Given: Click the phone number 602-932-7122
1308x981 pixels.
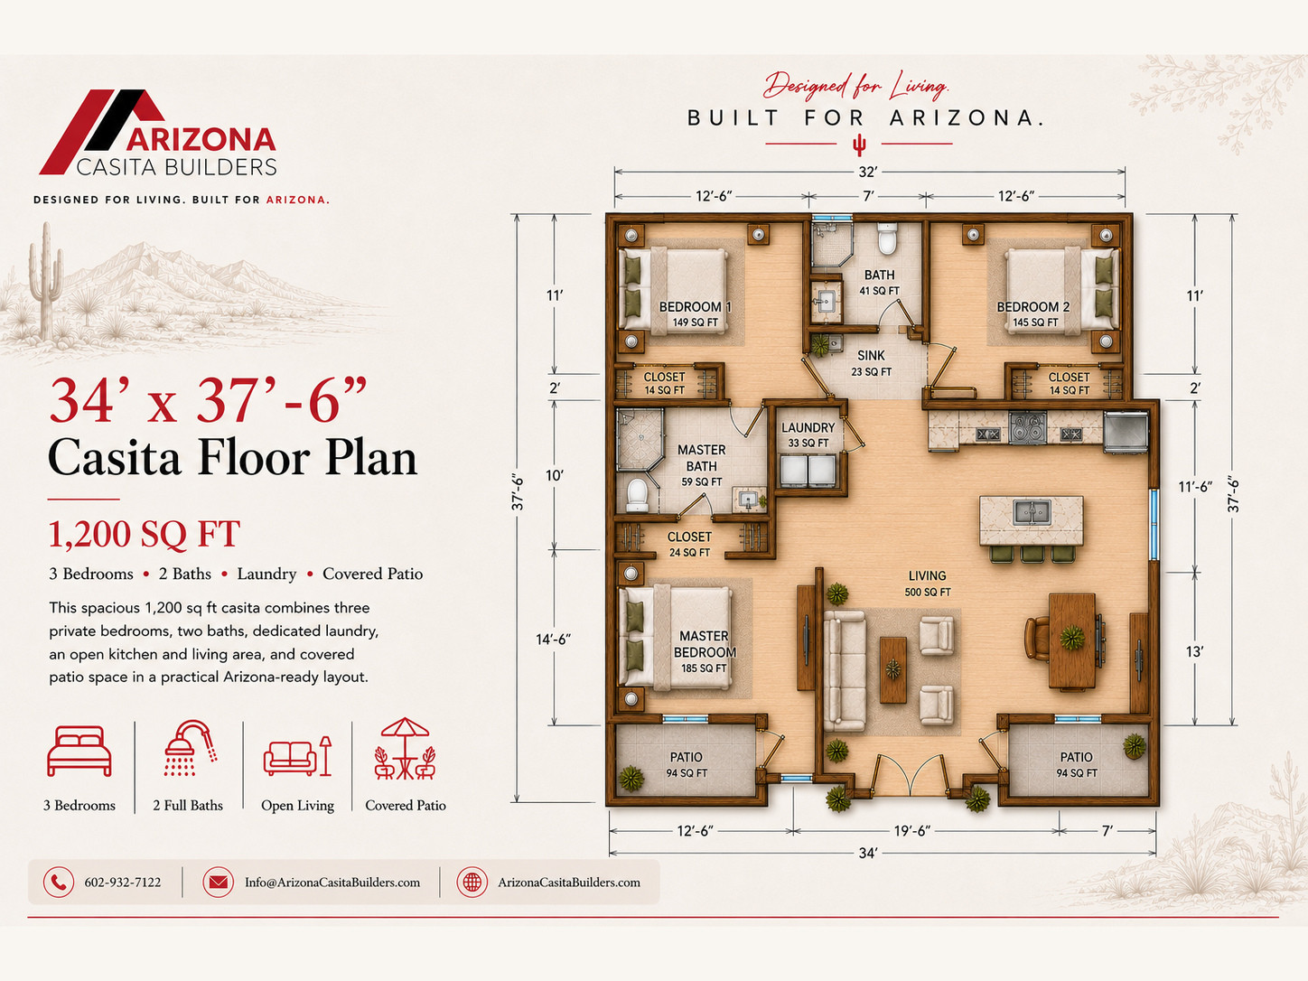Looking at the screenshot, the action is click(123, 883).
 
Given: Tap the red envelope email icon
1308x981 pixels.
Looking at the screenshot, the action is click(218, 883).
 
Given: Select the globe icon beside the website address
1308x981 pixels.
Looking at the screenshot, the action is click(472, 883).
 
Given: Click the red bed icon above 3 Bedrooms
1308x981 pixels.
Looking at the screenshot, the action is click(79, 752).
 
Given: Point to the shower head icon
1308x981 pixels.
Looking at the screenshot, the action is click(191, 749).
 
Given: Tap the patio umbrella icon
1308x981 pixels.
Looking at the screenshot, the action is click(405, 749).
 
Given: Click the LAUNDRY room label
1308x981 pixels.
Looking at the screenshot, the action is click(808, 427).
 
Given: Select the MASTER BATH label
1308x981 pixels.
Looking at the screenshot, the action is click(701, 458).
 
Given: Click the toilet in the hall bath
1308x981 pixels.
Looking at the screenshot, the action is click(887, 238).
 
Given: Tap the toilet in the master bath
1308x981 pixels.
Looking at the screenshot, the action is click(637, 496).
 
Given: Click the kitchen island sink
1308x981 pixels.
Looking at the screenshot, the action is click(1031, 511).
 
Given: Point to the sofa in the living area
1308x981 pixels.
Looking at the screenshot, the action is click(845, 670).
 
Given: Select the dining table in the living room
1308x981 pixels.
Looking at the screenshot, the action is click(1072, 640).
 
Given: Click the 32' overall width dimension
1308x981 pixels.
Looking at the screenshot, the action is click(867, 173).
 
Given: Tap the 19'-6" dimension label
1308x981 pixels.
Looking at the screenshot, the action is click(911, 831).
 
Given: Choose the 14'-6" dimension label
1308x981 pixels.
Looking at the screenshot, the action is click(553, 640).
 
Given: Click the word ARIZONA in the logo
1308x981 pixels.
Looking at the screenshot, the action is click(201, 141).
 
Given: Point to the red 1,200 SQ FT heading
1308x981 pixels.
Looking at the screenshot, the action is click(145, 534).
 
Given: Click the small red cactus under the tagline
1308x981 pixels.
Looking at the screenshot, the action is click(859, 145).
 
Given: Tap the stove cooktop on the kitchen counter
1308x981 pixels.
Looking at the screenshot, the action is click(1027, 427).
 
